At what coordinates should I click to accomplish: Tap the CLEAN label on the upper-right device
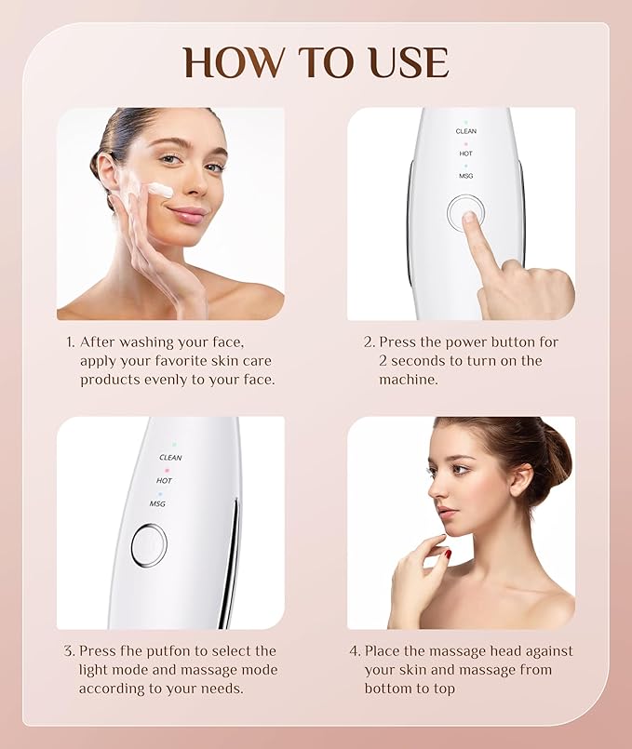(x=466, y=131)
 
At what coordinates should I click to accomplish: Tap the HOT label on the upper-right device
(x=466, y=154)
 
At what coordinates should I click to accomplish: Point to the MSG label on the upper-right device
(x=466, y=176)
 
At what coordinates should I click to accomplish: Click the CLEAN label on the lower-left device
(x=170, y=458)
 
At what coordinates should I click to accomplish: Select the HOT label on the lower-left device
(x=164, y=480)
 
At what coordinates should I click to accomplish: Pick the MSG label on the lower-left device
(x=157, y=503)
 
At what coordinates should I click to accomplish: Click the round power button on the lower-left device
(x=149, y=545)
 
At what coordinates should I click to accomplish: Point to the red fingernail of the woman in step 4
(x=447, y=554)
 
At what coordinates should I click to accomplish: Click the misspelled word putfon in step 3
(x=178, y=651)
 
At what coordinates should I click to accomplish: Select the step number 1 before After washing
(x=70, y=342)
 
